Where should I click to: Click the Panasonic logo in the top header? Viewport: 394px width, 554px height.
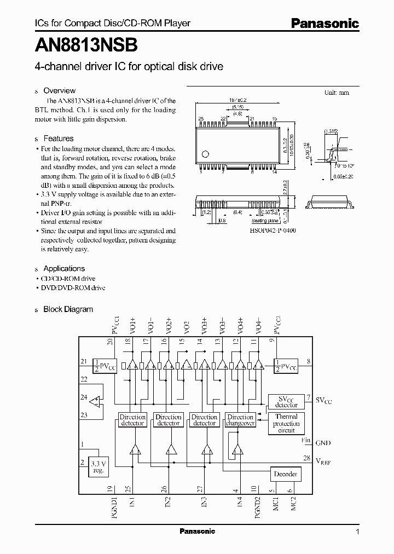pyautogui.click(x=324, y=24)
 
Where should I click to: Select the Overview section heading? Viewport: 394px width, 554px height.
pyautogui.click(x=59, y=91)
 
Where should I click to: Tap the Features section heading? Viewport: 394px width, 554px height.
pyautogui.click(x=58, y=139)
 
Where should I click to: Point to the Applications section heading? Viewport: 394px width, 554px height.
pyautogui.click(x=64, y=269)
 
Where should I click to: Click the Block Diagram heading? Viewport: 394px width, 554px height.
pyautogui.click(x=68, y=309)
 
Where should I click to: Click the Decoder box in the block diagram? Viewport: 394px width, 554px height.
pyautogui.click(x=285, y=474)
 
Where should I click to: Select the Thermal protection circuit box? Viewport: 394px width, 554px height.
pyautogui.click(x=286, y=424)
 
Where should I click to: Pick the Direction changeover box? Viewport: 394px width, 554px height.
pyautogui.click(x=240, y=420)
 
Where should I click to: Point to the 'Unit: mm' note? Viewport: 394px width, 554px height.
pyautogui.click(x=336, y=93)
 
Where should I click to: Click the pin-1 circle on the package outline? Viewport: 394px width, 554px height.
pyautogui.click(x=206, y=153)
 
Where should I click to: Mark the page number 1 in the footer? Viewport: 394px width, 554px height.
pyautogui.click(x=357, y=532)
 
